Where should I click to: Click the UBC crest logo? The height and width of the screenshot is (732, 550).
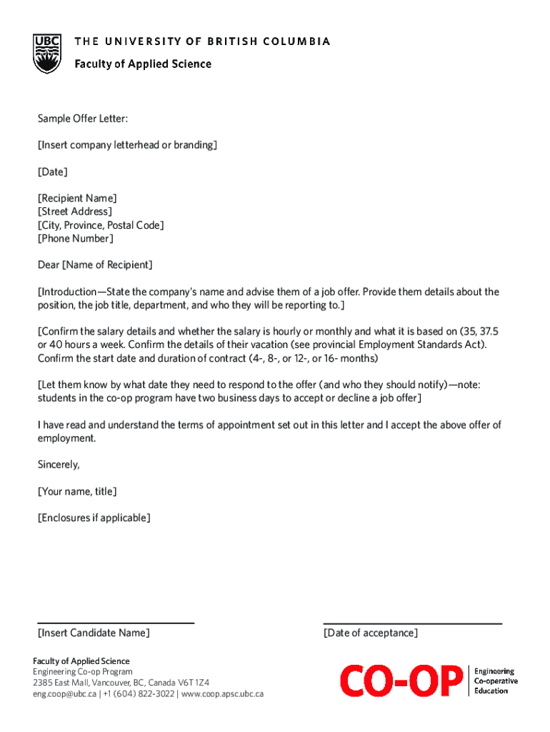coord(48,54)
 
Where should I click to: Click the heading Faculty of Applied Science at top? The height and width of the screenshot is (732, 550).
coord(143,64)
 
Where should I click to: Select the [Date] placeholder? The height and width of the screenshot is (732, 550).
coord(52,172)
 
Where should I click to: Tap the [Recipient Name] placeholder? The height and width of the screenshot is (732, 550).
coord(77,198)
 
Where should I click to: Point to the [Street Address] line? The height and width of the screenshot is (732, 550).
coord(74,212)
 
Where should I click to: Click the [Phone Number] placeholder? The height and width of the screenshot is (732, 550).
coord(75,238)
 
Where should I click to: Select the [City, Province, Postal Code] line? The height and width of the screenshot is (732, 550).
coord(100,225)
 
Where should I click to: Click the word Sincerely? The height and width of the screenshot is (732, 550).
coord(59,465)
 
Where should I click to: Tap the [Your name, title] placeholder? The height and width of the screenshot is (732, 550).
coord(76,491)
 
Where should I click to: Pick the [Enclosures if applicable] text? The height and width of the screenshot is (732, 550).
coord(94,518)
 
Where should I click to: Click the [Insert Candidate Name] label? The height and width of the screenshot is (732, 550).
coord(94,633)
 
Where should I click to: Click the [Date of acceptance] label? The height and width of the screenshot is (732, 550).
coord(370,633)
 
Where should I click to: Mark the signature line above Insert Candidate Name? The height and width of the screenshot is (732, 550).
coord(116,623)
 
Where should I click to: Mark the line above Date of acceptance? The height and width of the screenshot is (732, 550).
coord(412,623)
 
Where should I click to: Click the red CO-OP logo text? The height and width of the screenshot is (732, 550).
coord(401,681)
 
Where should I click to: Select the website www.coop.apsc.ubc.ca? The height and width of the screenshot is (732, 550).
coord(222,693)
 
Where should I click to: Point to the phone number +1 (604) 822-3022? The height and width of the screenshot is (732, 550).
coord(139,693)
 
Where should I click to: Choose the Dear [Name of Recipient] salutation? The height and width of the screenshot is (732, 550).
coord(95,265)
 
